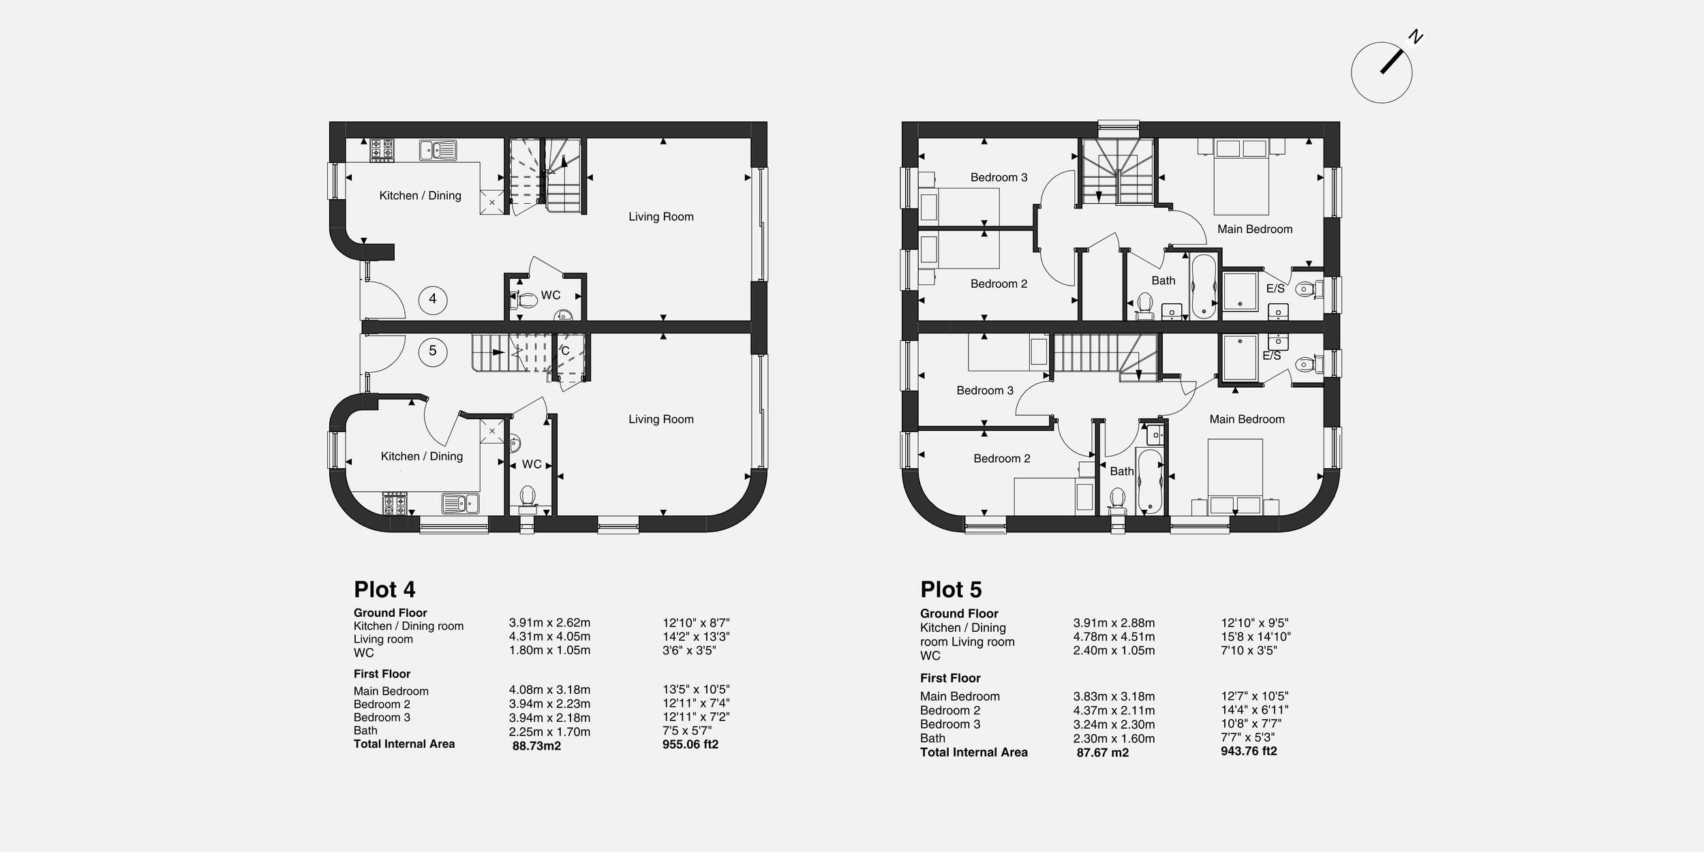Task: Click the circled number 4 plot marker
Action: [x=432, y=299]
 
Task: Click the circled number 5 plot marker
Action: [x=432, y=351]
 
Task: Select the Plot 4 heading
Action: [x=384, y=590]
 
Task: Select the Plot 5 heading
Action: [x=951, y=590]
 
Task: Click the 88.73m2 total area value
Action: [x=536, y=746]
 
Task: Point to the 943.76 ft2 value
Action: [x=1249, y=751]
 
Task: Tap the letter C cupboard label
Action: [x=565, y=351]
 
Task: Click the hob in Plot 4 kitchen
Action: [x=382, y=150]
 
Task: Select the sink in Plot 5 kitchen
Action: [x=460, y=504]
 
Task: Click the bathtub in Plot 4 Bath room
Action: [x=1204, y=286]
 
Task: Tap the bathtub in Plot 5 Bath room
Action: [x=1149, y=481]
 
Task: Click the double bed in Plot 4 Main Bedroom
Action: [x=1241, y=177]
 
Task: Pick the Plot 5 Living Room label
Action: [x=660, y=419]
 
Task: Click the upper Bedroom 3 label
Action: [x=999, y=177]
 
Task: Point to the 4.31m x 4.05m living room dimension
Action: [x=549, y=637]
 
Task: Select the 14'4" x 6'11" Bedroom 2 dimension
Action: [x=1254, y=710]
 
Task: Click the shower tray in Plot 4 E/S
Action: [x=1240, y=292]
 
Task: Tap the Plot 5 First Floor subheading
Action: [x=950, y=678]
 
